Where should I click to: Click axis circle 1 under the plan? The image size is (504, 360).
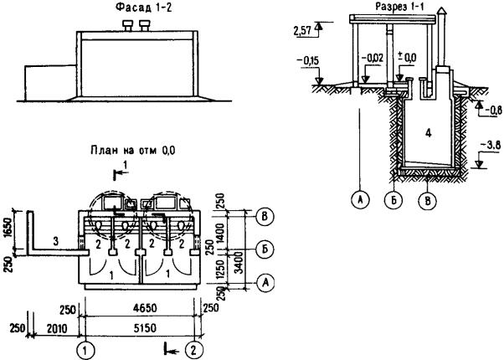coord(84,346)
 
